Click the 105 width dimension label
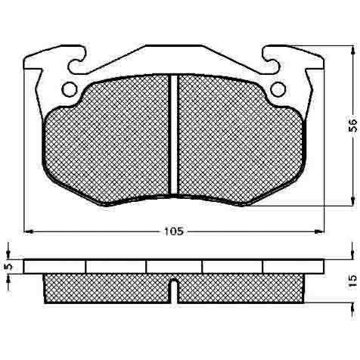tap(173, 231)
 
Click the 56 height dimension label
tap(353, 126)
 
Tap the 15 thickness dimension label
tap(353, 281)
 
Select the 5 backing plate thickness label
tap(8, 266)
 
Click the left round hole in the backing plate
tap(69, 89)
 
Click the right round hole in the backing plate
tap(278, 89)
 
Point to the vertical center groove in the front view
tap(173, 134)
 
